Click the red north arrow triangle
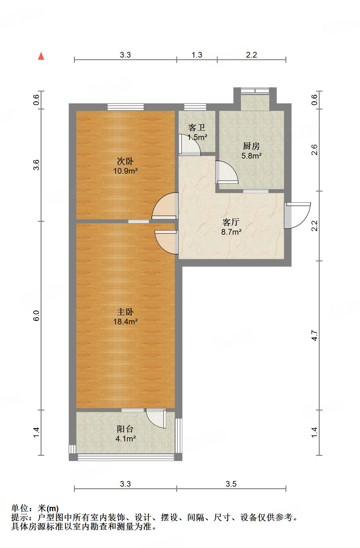point(41,56)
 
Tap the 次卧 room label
point(125,162)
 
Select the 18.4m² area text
point(125,322)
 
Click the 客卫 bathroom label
point(197,128)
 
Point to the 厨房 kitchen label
point(251,146)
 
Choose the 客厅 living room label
point(231,222)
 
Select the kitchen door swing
point(227,172)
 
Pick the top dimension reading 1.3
point(197,55)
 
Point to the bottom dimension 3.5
point(231,484)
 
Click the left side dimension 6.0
point(37,316)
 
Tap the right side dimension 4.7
point(315,335)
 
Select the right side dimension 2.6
point(315,150)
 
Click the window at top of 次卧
point(126,107)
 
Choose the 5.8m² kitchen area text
point(251,155)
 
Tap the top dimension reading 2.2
point(251,55)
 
